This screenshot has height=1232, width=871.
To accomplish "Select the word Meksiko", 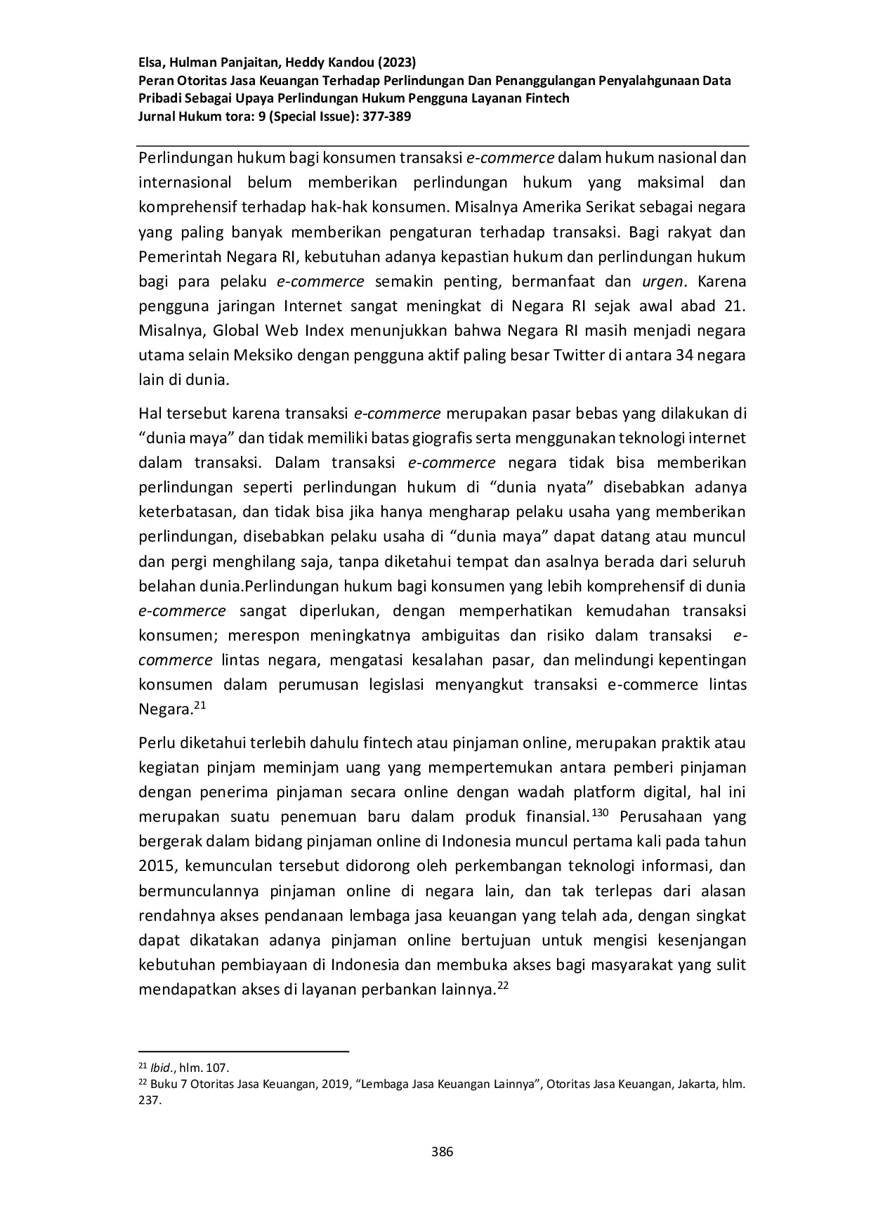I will pyautogui.click(x=266, y=355).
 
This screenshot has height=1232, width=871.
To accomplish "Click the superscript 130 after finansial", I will pyautogui.click(x=599, y=813).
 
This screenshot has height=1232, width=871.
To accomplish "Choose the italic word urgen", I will pyautogui.click(x=662, y=282).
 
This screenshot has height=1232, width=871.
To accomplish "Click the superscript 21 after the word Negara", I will pyautogui.click(x=199, y=705).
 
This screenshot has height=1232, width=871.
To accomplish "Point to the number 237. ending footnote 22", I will pyautogui.click(x=150, y=1101).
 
